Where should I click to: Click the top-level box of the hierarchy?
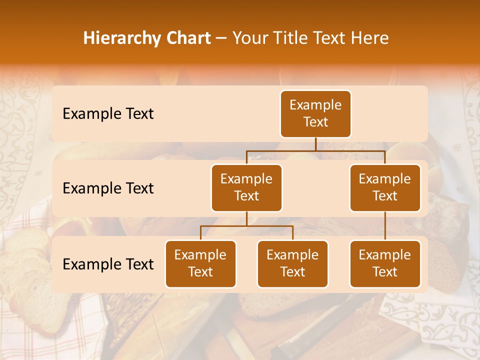[x=315, y=113]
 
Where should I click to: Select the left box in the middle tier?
[x=246, y=187]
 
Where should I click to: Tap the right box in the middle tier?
[x=385, y=187]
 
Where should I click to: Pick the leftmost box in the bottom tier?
[x=200, y=263]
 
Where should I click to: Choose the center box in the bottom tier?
[x=292, y=263]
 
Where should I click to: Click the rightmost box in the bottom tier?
[x=385, y=263]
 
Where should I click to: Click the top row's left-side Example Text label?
[x=108, y=114]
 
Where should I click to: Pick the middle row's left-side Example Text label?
[x=108, y=188]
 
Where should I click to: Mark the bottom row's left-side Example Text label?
[x=108, y=264]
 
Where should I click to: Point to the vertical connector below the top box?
[x=315, y=144]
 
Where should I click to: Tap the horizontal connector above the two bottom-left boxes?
[x=246, y=226]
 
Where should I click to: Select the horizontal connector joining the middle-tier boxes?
[x=315, y=150]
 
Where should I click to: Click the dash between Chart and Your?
[x=221, y=38]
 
